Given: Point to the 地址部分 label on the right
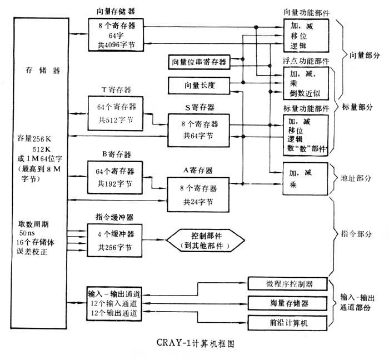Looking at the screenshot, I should click(x=353, y=179).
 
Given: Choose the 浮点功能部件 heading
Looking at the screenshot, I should click(x=306, y=60).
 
